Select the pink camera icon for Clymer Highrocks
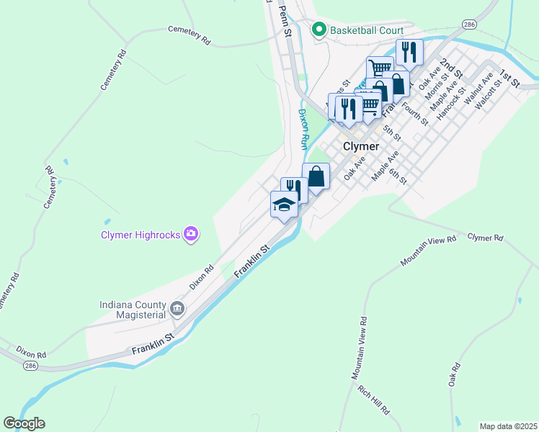(x=192, y=233)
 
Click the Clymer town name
(x=360, y=145)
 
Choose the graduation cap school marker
(x=284, y=204)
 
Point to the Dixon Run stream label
(x=303, y=129)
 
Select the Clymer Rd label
(x=485, y=238)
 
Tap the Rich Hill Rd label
(x=373, y=400)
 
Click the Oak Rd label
(x=454, y=379)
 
